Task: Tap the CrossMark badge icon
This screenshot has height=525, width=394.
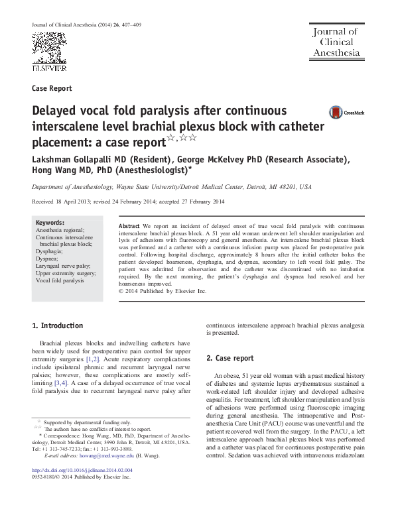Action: click(338, 113)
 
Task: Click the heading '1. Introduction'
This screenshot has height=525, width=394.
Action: click(58, 325)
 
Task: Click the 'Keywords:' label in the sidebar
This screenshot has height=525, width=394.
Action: click(50, 223)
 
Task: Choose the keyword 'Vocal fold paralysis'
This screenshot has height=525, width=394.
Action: click(60, 280)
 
